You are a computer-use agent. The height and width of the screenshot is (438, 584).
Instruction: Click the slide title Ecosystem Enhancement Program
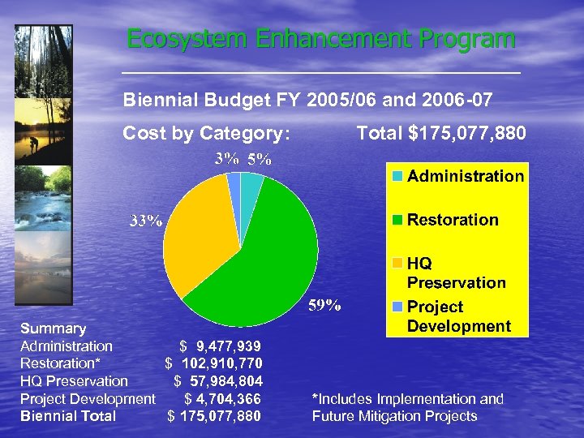click(320, 39)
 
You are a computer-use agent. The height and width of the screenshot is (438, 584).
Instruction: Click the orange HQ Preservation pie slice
click(195, 235)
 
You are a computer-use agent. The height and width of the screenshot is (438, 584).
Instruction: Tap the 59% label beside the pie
click(324, 306)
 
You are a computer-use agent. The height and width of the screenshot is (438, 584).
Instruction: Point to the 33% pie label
click(147, 221)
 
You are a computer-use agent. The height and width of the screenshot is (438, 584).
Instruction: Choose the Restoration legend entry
click(452, 220)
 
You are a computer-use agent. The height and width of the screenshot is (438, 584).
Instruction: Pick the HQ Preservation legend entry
click(455, 273)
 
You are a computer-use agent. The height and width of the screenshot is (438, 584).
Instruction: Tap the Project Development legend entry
click(458, 316)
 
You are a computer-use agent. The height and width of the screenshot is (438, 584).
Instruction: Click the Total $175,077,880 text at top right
click(441, 132)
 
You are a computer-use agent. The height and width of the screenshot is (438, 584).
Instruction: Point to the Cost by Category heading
click(206, 132)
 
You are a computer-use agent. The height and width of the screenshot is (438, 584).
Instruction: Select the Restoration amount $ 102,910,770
click(214, 363)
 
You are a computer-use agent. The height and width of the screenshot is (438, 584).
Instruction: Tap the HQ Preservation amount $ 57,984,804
click(218, 381)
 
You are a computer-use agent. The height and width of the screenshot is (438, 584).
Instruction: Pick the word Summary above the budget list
click(53, 328)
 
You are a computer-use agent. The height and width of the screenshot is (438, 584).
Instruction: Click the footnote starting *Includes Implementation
click(408, 407)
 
